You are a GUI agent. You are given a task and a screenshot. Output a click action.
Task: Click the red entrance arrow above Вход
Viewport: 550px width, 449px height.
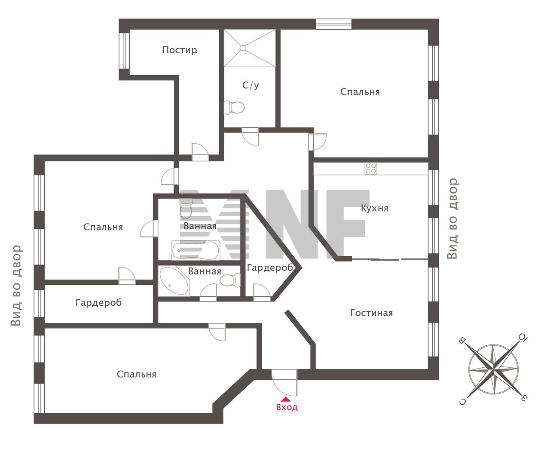(286, 399)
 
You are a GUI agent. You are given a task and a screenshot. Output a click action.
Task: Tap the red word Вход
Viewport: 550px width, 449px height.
(287, 407)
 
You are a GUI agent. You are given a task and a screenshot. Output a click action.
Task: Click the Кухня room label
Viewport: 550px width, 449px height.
(375, 208)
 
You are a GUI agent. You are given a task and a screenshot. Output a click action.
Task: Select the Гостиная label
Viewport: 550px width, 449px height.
(371, 313)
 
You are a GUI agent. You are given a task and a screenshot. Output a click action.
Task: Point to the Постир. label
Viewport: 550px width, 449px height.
(180, 50)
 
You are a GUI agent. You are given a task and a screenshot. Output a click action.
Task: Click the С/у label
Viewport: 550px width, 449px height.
(251, 85)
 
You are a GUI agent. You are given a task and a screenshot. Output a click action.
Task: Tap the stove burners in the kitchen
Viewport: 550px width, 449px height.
(370, 169)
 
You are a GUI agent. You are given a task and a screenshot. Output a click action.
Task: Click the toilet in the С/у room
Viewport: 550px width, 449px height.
(234, 107)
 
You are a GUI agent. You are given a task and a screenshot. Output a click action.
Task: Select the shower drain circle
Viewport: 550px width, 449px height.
(242, 48)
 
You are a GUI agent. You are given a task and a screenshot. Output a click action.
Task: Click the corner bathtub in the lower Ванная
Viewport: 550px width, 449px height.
(174, 281)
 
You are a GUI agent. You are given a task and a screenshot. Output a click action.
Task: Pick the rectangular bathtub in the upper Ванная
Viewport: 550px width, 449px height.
(196, 250)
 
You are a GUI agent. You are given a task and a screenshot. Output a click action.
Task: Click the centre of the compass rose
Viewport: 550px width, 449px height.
(493, 369)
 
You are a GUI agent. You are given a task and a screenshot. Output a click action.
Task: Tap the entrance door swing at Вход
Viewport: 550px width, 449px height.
(284, 382)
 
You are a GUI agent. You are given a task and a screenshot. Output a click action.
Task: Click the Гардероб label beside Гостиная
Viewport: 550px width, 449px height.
(270, 268)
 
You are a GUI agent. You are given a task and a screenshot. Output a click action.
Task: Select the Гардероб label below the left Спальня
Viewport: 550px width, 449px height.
(98, 302)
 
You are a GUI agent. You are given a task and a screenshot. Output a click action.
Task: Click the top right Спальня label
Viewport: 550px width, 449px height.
(360, 92)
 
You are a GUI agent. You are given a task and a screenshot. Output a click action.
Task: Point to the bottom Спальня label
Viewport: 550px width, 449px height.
(136, 374)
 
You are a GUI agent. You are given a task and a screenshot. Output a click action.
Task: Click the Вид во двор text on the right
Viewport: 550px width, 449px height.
(452, 218)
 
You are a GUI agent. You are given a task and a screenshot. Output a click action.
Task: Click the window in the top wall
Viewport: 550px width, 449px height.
(333, 24)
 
